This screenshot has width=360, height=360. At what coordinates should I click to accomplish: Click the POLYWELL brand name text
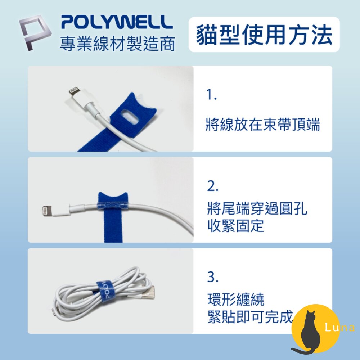coord(117,22)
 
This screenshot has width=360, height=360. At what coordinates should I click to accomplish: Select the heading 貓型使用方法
coord(264,35)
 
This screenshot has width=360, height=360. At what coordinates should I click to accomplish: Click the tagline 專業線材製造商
coord(117,44)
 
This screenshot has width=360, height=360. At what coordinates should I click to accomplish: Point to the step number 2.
coord(213,186)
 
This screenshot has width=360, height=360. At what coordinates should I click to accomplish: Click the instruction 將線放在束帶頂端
coord(263,125)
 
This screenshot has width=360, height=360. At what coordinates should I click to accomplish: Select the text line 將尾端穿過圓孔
coord(257,208)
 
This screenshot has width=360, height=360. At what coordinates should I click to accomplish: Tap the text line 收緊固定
coord(235,226)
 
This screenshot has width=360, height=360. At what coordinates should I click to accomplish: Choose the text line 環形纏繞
coord(236,300)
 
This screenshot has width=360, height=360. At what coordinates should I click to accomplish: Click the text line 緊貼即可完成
coord(250,317)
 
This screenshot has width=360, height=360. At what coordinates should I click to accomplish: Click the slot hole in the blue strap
coord(130,116)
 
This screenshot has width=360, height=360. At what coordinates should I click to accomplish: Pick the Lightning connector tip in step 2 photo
coord(47,211)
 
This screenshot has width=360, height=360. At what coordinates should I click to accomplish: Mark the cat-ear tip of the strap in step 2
coord(100,193)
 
